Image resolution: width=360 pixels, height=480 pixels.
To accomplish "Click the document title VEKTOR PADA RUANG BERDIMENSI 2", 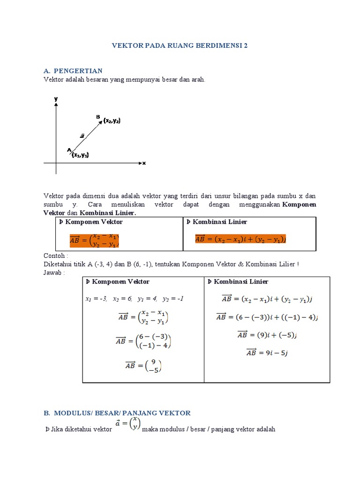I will pos(180,46).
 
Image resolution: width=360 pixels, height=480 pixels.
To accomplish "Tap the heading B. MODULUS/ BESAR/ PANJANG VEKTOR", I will pos(117,413).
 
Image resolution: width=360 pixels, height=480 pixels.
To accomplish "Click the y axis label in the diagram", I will pos(56,99).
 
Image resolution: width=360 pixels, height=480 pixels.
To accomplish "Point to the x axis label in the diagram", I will pos(144,163).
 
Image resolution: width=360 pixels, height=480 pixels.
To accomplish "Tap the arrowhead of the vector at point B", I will pos(101,123).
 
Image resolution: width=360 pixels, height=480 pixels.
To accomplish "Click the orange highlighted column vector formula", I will pos(94,240).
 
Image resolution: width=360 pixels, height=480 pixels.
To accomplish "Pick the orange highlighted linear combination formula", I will pos(240,239).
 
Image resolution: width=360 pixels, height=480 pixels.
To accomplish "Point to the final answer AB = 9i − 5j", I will pos(267,353).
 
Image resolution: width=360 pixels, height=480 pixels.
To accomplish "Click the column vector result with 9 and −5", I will pos(143,365).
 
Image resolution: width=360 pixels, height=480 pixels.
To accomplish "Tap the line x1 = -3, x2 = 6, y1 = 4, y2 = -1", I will pos(134,299).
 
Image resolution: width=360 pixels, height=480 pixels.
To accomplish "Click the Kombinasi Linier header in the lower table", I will pos(238,282).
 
